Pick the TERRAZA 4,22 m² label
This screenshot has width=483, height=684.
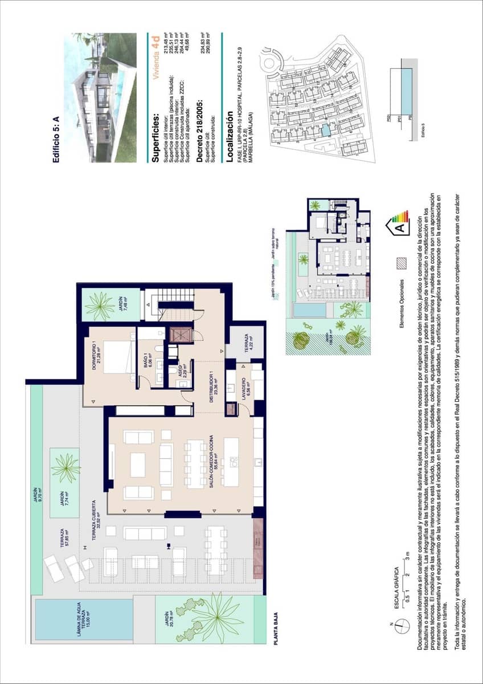(244, 349)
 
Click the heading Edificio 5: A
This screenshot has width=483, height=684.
(56, 141)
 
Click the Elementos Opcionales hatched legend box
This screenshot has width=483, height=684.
(402, 263)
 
